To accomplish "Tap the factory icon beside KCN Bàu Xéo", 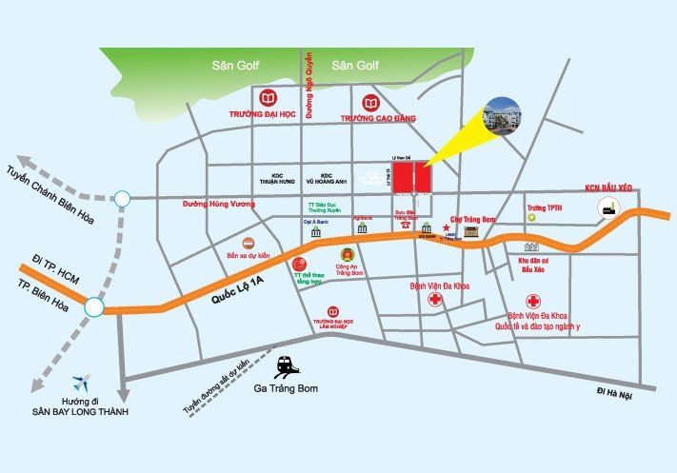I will (x=604, y=210).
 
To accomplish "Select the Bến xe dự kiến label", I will (x=249, y=256).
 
